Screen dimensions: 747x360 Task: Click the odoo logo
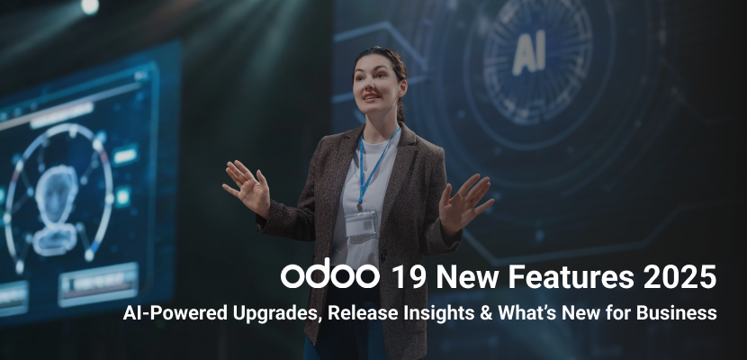click(329, 275)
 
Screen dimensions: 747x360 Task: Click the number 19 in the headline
click(409, 276)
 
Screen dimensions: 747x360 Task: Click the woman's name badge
click(361, 224)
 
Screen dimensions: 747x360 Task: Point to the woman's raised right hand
click(247, 187)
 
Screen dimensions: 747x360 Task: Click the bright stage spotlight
click(90, 5)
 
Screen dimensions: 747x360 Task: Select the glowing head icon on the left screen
click(57, 210)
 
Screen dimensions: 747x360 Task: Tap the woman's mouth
click(373, 96)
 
